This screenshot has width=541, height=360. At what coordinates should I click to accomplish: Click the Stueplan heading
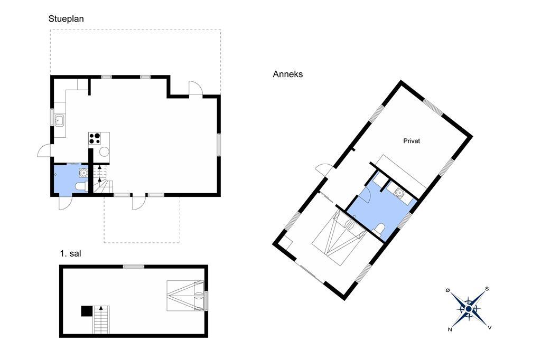[x=66, y=19]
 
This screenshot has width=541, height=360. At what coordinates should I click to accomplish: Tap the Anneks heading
[x=288, y=74]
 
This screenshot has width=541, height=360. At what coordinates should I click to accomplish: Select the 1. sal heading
[x=70, y=254]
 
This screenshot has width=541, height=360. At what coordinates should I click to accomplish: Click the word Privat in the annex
[x=412, y=141]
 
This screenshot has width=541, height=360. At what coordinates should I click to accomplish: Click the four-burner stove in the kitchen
[x=95, y=139]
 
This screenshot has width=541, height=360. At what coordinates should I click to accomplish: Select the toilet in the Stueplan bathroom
[x=81, y=186]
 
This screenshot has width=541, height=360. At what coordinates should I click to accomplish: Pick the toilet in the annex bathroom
[x=379, y=229]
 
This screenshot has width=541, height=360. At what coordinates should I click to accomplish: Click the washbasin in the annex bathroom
[x=399, y=193]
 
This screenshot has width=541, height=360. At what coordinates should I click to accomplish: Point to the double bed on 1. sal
[x=185, y=296]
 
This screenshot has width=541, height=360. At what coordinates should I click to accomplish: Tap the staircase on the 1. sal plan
[x=101, y=319]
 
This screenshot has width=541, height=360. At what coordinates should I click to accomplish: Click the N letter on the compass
[x=450, y=330]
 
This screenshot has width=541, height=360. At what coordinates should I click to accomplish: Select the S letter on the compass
[x=487, y=289]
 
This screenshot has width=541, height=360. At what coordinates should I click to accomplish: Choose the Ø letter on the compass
[x=447, y=291]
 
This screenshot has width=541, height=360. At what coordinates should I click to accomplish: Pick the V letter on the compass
[x=490, y=328]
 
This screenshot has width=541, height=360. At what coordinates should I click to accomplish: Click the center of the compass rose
[x=468, y=309]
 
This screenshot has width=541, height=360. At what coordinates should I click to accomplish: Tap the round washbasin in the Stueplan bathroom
[x=83, y=173]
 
